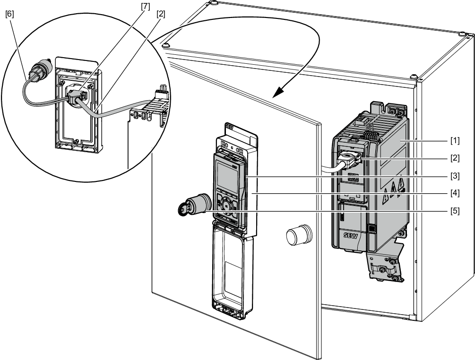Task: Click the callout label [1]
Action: [454, 141]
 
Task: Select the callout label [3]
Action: [454, 175]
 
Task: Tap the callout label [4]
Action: [454, 193]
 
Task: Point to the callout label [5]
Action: [454, 210]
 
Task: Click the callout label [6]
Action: [9, 15]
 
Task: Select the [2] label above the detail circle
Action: [161, 15]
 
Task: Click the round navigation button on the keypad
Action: [227, 205]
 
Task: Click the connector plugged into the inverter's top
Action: [351, 159]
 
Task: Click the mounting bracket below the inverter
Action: [385, 265]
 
